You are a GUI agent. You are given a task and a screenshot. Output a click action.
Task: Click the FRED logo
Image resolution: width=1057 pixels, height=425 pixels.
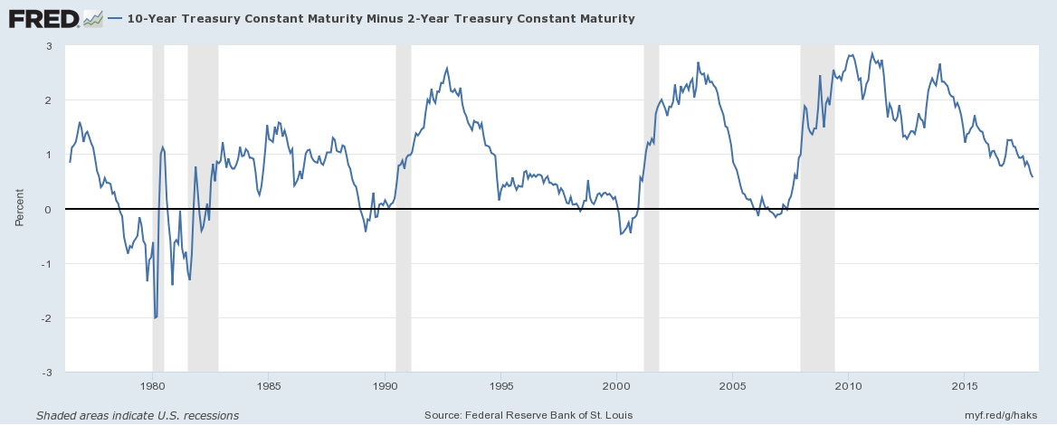[x=55, y=18]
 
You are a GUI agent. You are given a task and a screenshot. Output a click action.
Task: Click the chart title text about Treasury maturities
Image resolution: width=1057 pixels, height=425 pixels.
[x=381, y=19]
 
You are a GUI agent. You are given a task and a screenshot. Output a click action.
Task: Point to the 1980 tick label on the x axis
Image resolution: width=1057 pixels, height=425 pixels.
[x=152, y=387]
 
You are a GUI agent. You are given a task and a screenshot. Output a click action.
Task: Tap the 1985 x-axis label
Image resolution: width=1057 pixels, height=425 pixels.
[x=268, y=387]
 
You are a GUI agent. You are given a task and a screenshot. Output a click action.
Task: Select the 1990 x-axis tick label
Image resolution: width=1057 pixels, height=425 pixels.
[x=385, y=387]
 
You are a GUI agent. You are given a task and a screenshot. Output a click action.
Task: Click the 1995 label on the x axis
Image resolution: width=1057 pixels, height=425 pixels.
[x=500, y=387]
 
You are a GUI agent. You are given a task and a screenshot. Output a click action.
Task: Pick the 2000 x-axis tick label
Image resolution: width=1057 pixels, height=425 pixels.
[x=616, y=387]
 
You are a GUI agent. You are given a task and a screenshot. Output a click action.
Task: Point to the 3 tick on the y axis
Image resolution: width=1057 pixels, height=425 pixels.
[x=50, y=46]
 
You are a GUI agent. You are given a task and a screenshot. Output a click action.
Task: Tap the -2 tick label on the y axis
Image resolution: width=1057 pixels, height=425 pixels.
[x=48, y=318]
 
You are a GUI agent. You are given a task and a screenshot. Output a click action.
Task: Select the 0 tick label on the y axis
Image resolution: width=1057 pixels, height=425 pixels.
[x=50, y=210]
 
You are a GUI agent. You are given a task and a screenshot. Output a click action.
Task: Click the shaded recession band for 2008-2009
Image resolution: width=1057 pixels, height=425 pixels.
[x=817, y=208]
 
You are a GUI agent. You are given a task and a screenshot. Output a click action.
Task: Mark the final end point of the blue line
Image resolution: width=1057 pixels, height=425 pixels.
[x=1033, y=176]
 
